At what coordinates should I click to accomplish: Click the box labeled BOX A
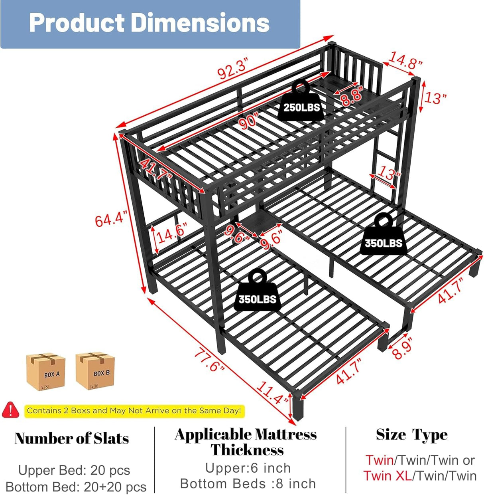[x=46, y=372]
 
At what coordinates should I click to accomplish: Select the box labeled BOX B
[x=96, y=371]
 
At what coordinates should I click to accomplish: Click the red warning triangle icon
[x=10, y=410]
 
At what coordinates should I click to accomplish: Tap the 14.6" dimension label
[x=171, y=234]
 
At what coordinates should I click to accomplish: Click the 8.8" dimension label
[x=352, y=96]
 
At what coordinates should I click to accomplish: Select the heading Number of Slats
[x=72, y=438]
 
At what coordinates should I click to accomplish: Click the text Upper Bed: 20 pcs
[x=74, y=470]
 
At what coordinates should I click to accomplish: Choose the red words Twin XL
[x=388, y=476]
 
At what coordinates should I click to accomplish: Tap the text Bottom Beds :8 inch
[x=248, y=484]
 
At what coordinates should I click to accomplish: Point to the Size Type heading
[x=411, y=435]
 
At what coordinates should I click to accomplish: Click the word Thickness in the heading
[x=247, y=450]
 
